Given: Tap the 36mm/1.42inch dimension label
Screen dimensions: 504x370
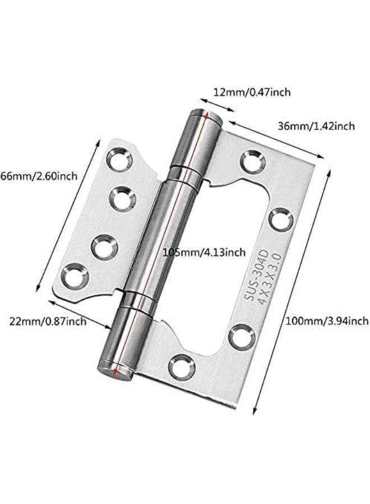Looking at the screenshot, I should (x=316, y=127).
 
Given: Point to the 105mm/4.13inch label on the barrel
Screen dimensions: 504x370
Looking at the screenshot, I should (x=203, y=253).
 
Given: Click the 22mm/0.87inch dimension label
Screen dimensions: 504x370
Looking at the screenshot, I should (x=48, y=321).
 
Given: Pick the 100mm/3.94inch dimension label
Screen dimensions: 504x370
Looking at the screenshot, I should (x=327, y=321).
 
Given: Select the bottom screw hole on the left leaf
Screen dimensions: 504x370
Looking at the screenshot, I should (x=73, y=276).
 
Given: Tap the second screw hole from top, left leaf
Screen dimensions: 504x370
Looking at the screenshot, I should (x=122, y=198).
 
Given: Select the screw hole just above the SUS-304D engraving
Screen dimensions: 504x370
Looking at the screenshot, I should (x=280, y=218).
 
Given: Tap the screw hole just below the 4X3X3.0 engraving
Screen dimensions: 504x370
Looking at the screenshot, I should (x=242, y=337).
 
